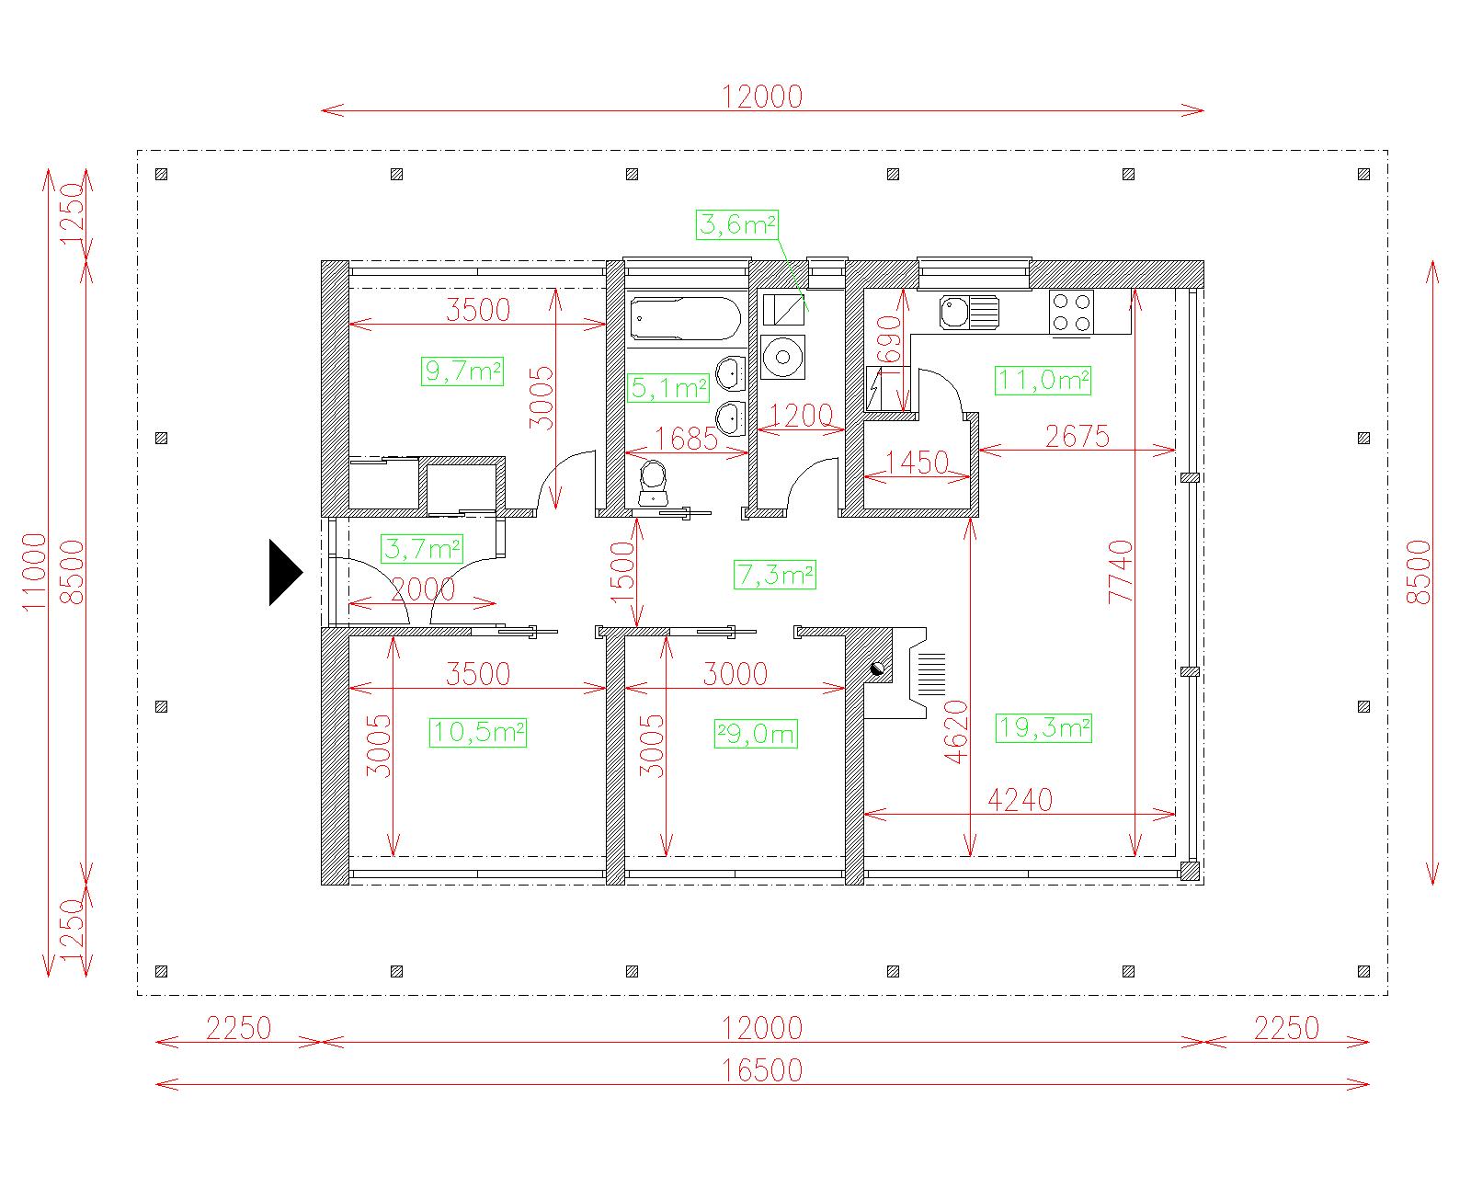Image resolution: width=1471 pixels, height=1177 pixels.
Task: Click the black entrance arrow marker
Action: [x=284, y=573]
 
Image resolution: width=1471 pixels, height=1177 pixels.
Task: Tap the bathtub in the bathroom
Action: [x=686, y=319]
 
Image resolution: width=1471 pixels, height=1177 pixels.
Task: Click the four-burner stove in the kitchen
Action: [x=1071, y=312]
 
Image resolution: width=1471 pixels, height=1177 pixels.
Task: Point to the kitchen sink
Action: [x=969, y=312]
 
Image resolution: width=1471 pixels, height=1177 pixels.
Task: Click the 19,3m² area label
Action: [x=1043, y=727]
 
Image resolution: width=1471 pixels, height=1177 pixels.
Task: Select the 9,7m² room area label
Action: [x=462, y=371]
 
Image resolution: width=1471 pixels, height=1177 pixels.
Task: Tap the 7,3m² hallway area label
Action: [x=775, y=574]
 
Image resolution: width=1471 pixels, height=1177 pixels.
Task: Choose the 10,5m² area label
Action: [x=478, y=733]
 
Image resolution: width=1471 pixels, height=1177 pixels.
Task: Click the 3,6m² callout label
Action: [x=736, y=224]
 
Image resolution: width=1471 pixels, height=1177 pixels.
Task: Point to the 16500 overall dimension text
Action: [x=762, y=1070]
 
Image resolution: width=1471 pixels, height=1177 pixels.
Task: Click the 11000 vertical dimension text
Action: [x=34, y=573]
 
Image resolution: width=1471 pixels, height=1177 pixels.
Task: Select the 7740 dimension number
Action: [x=1121, y=572]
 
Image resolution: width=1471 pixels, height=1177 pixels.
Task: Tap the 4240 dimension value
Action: [x=1020, y=799]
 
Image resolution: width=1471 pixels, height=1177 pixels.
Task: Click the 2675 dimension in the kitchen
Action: [x=1078, y=437]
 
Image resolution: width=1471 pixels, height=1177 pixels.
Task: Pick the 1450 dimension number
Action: [x=917, y=463]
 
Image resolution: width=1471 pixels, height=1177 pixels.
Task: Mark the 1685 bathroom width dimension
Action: [x=686, y=439]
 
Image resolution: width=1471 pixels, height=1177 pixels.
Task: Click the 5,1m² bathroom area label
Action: [x=667, y=388]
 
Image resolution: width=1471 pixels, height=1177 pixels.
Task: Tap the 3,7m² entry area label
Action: [x=422, y=548]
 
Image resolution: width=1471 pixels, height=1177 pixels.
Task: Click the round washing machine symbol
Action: [x=782, y=356]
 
